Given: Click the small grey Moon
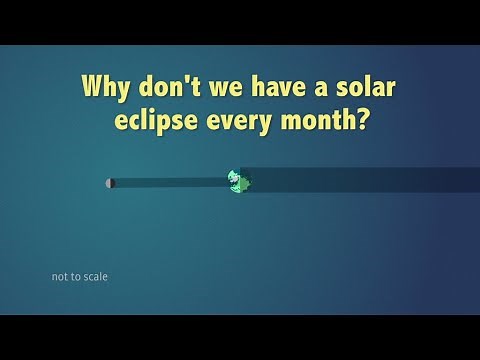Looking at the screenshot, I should click(110, 183).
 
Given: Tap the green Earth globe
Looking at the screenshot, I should click(237, 181).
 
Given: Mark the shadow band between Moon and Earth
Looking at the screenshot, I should click(170, 183).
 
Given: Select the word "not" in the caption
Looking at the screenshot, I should click(60, 277).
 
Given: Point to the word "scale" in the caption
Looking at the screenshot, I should click(95, 277).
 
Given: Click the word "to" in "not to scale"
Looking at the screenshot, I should click(76, 277).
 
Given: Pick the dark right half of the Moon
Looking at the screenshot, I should click(112, 183).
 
